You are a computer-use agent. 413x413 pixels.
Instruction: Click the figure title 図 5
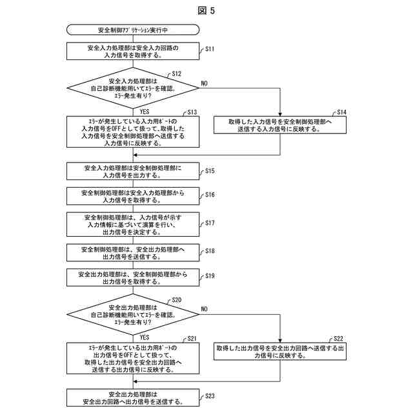tap(206, 10)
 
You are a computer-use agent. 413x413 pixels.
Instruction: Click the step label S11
tap(210, 48)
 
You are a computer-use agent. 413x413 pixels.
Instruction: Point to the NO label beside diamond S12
tap(205, 84)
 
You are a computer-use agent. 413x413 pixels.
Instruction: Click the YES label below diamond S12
tap(145, 111)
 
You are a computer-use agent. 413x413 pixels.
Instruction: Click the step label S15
tap(210, 171)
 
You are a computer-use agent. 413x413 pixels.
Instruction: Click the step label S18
tap(210, 250)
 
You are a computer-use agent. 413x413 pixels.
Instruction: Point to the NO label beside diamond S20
tap(205, 309)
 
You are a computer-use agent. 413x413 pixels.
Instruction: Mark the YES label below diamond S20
tap(145, 337)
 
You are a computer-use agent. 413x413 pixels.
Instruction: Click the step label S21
tap(192, 338)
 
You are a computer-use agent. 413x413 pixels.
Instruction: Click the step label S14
tap(342, 112)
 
